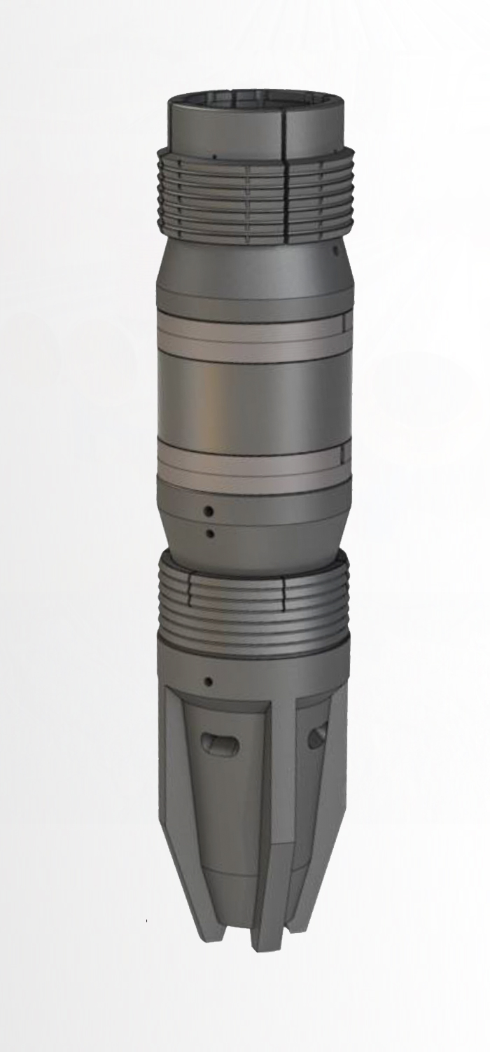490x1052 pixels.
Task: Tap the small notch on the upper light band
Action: point(345,324)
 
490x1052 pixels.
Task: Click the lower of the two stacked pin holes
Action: point(209,534)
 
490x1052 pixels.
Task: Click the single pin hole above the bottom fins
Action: point(208,681)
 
